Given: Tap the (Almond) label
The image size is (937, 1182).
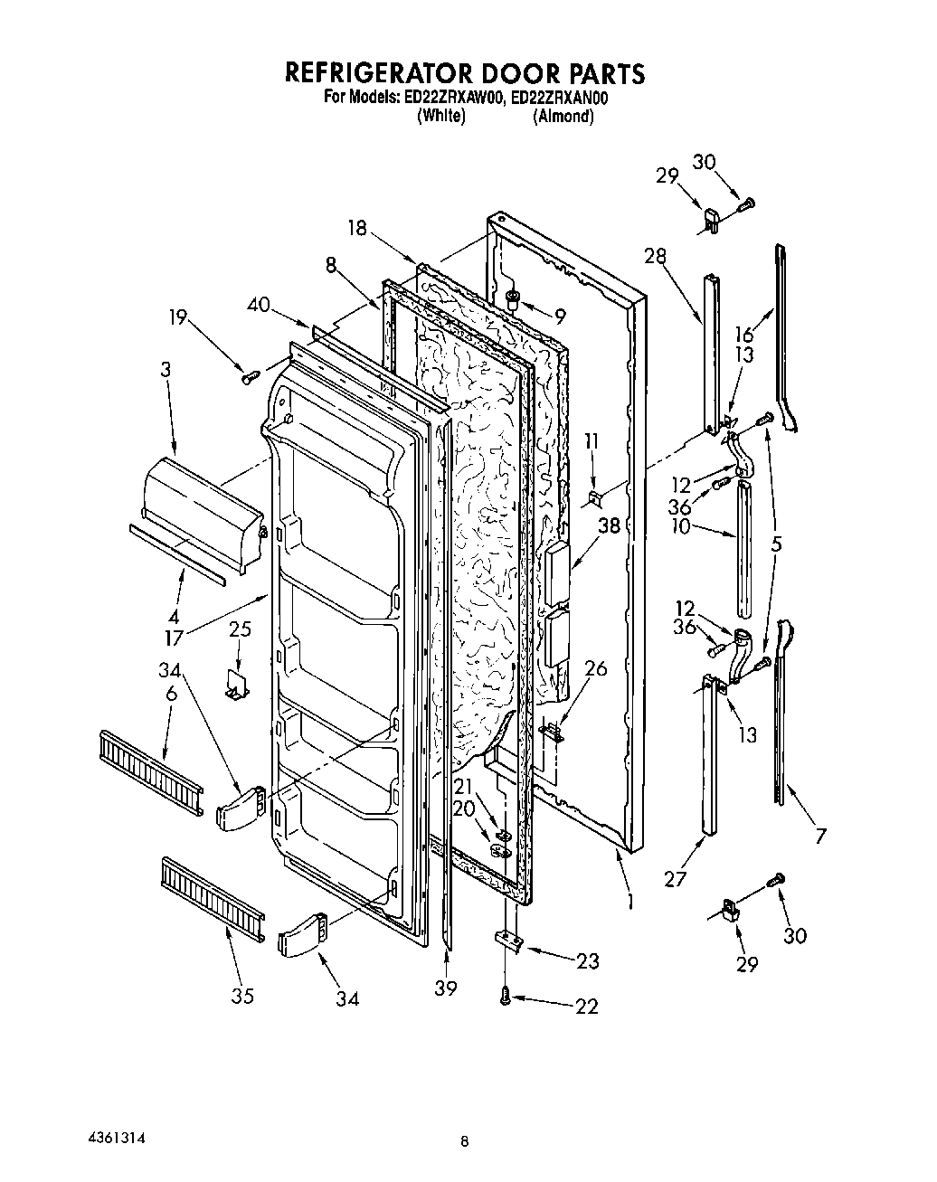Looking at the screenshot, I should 563,117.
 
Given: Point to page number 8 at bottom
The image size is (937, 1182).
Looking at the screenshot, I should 464,1142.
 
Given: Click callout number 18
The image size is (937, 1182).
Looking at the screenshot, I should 359,228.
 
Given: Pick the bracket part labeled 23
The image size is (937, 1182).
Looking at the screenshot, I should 508,941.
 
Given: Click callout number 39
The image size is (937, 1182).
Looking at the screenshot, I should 445,988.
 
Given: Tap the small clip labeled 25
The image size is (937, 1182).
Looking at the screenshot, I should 238,683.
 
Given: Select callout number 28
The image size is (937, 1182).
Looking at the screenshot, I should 655,256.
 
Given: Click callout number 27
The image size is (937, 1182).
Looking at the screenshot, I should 675,877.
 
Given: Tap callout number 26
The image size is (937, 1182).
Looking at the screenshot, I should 595,669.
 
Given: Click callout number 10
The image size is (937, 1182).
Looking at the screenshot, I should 679,525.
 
